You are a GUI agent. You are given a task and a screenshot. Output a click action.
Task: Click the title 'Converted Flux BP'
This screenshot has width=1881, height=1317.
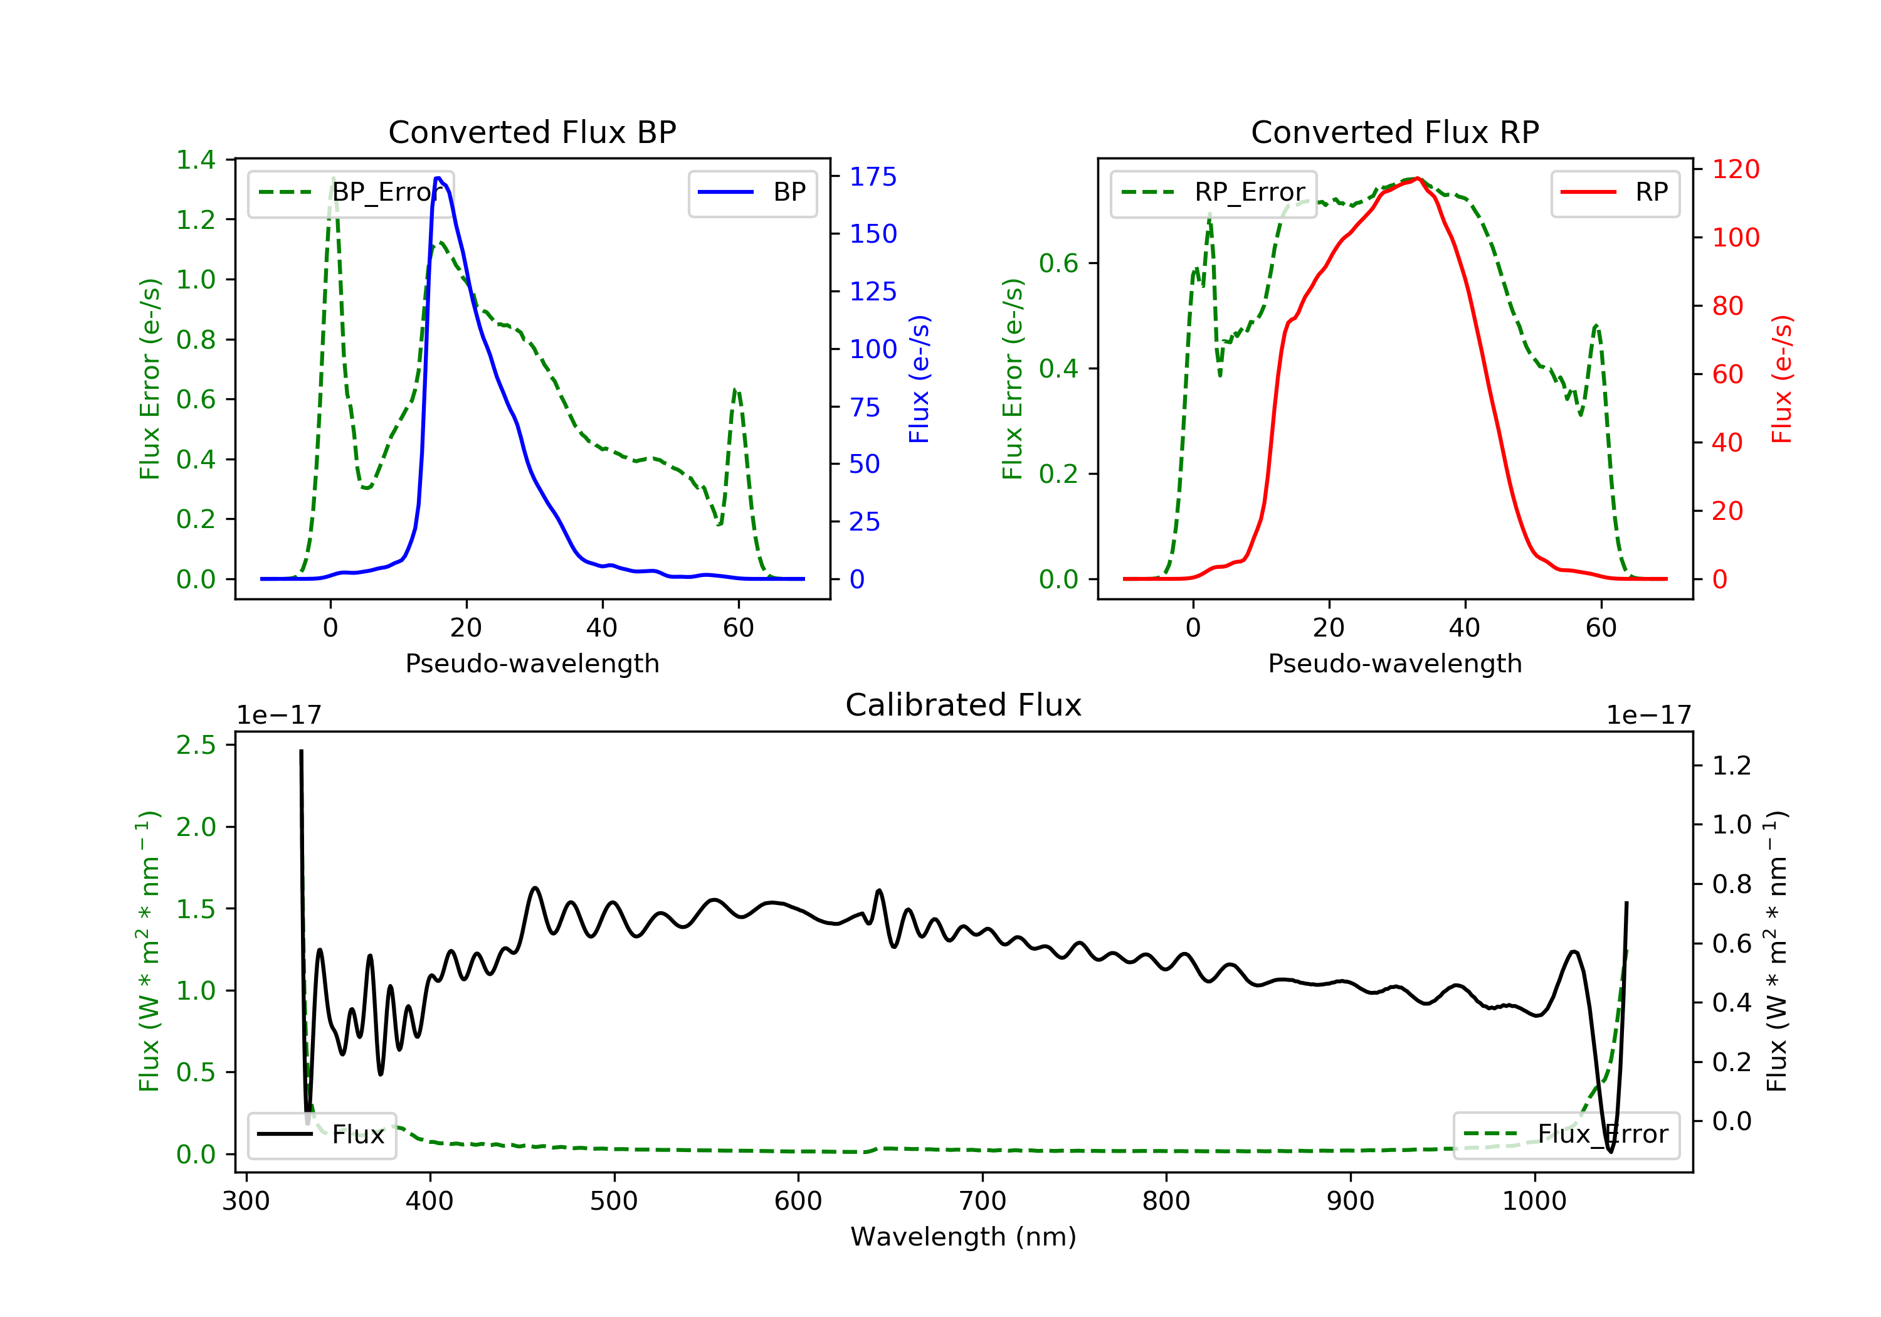click(x=532, y=132)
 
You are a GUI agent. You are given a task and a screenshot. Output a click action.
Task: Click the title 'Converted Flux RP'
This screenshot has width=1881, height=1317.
click(x=1394, y=132)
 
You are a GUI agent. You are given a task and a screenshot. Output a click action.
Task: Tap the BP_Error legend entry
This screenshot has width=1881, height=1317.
click(x=350, y=193)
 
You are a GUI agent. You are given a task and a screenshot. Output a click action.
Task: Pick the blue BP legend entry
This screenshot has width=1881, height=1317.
click(x=752, y=193)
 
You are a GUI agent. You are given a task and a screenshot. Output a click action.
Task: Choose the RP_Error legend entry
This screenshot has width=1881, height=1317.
click(x=1213, y=193)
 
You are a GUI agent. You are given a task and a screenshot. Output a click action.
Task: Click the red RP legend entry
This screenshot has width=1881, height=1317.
click(x=1615, y=193)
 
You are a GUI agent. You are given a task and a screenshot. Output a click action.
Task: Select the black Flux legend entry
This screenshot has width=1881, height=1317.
click(x=322, y=1135)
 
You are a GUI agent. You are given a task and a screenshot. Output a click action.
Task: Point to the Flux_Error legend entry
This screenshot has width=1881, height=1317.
click(x=1566, y=1135)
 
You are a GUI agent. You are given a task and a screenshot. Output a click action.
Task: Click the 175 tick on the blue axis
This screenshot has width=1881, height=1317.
click(x=873, y=176)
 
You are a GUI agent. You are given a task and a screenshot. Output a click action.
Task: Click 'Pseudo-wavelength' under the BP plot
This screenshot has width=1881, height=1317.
click(x=532, y=663)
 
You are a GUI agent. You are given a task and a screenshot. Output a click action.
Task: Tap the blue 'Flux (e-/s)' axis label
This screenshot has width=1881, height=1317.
click(x=919, y=379)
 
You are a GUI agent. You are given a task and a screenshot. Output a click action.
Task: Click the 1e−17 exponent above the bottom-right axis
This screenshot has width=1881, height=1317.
click(x=1648, y=716)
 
